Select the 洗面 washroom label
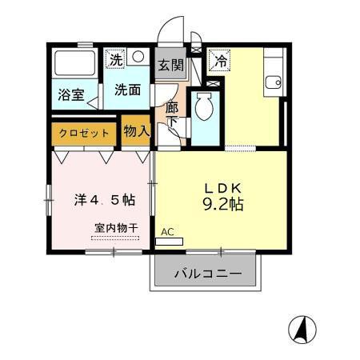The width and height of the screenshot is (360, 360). coord(127,90)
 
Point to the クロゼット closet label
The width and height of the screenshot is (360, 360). coord(85,133)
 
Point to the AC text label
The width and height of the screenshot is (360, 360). coord(167,232)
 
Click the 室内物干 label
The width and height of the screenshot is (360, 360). coord(115,227)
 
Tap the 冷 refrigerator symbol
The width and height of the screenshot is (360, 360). coord(219,59)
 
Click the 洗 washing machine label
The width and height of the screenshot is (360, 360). coord(117,58)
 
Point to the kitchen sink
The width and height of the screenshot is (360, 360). coord(274,81)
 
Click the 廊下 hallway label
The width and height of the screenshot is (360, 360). coord(171,114)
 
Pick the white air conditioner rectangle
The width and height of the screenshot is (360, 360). coord(170,241)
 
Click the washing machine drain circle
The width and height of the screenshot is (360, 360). coord(138,58)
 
